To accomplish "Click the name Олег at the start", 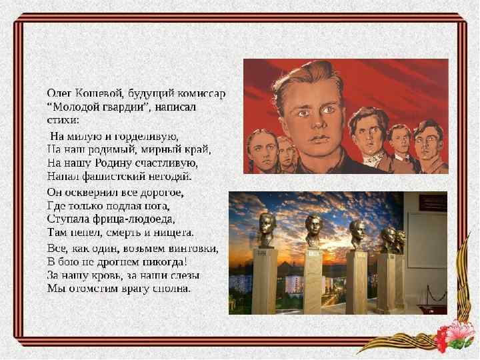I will (58, 92).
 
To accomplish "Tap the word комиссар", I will (203, 92).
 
